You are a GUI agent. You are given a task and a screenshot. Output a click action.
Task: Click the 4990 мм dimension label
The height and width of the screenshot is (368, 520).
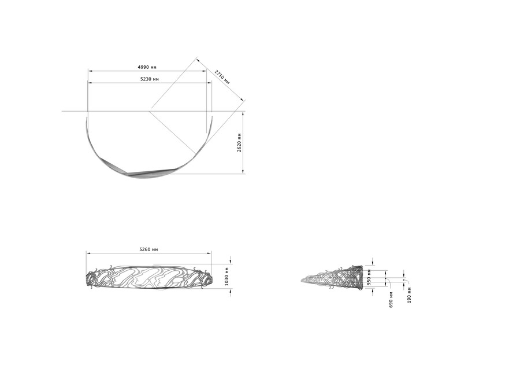[147, 67]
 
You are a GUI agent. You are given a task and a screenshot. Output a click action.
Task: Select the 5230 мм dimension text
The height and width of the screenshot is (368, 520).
[150, 79]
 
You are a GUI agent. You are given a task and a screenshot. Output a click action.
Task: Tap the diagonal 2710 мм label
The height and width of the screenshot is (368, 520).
[222, 77]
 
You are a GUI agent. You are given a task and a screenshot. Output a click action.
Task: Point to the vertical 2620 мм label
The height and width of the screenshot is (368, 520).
[239, 142]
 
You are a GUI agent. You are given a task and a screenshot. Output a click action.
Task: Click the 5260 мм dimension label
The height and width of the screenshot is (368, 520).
[148, 249]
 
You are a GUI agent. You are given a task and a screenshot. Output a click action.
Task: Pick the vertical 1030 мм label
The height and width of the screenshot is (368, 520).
[227, 277]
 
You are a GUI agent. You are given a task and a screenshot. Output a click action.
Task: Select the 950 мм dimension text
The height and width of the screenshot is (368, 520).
[369, 279]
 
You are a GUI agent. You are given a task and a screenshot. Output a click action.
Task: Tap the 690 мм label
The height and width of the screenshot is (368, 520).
[391, 300]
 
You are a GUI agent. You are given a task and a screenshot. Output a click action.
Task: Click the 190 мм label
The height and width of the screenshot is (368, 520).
[409, 295]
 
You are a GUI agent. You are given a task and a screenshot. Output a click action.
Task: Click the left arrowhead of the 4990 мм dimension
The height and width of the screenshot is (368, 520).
[90, 71]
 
